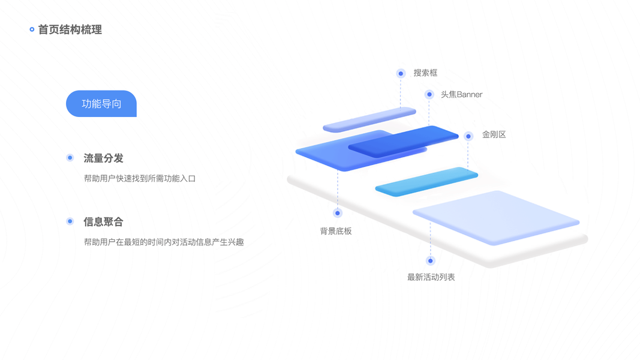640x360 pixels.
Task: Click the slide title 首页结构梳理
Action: click(70, 29)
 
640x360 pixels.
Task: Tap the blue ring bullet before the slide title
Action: click(32, 29)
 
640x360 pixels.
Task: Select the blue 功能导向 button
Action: click(101, 104)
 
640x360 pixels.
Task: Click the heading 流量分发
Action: click(103, 158)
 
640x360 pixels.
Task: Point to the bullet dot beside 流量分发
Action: click(70, 158)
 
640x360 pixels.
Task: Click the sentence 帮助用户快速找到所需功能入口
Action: click(140, 178)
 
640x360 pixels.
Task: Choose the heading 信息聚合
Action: click(103, 222)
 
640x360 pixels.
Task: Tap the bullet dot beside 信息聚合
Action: click(70, 221)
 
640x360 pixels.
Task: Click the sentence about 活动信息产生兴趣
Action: click(164, 242)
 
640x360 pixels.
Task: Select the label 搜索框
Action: click(425, 73)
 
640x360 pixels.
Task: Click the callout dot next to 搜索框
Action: click(401, 73)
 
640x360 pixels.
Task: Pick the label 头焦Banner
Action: click(461, 94)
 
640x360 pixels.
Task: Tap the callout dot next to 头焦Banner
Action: click(429, 94)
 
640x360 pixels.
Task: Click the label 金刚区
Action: click(494, 135)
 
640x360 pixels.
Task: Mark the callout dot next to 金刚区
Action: click(468, 136)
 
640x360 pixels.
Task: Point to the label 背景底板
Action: click(336, 231)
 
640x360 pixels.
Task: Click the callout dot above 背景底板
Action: click(338, 213)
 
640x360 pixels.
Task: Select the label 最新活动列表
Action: click(431, 277)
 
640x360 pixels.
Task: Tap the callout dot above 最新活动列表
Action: click(430, 260)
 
